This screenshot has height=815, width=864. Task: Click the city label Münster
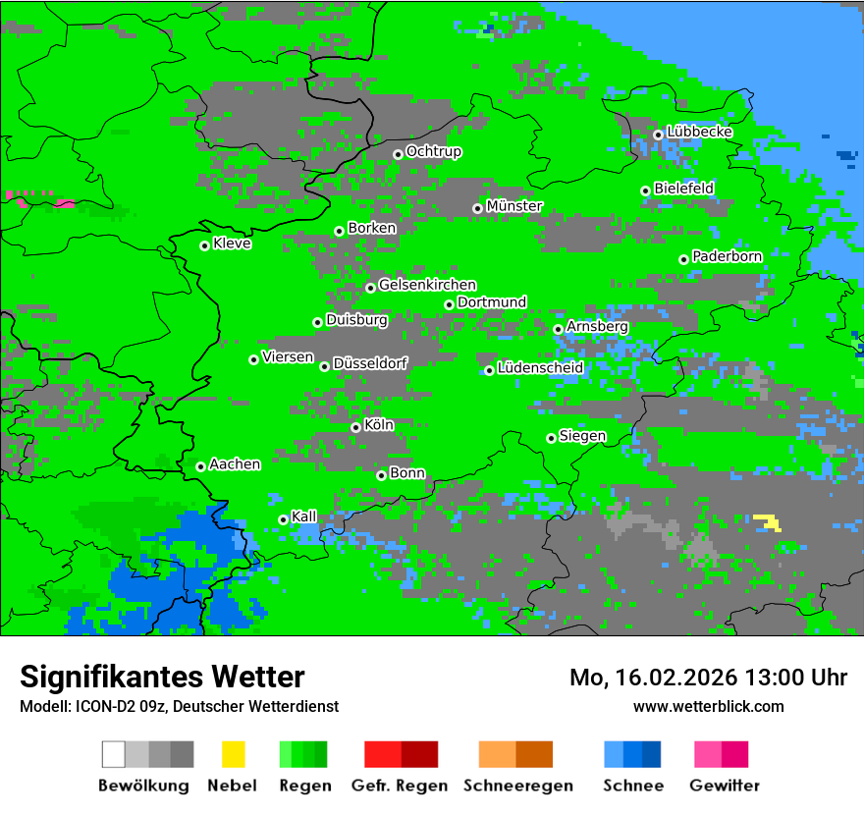(514, 206)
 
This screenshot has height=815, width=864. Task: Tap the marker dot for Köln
(355, 427)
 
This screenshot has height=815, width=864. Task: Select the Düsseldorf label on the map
(370, 363)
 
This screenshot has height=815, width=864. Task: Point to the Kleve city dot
(204, 245)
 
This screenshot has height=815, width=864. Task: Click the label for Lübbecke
(700, 132)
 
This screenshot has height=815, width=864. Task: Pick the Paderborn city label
(728, 256)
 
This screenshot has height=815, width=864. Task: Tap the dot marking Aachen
(200, 466)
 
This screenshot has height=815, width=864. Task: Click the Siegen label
(583, 436)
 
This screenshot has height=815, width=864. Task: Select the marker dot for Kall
(283, 519)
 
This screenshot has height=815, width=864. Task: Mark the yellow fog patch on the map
(768, 521)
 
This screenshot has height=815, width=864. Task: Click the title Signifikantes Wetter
(162, 677)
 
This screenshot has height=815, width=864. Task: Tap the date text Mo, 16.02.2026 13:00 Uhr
(708, 678)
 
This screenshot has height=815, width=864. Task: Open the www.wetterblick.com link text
(708, 706)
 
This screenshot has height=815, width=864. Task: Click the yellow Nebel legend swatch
(233, 754)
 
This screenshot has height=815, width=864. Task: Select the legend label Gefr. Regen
(400, 786)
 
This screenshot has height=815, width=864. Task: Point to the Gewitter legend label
(725, 786)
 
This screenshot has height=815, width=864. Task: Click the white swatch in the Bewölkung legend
(114, 754)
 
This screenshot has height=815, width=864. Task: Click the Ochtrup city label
(434, 152)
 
